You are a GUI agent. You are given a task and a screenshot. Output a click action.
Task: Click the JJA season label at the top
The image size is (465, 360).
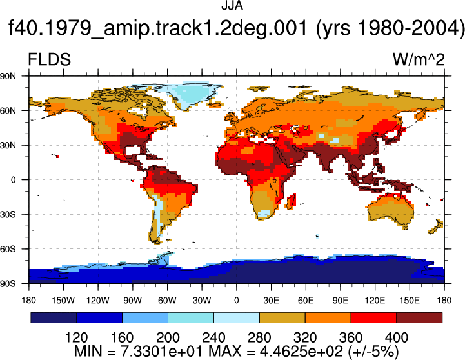pyautogui.click(x=232, y=6)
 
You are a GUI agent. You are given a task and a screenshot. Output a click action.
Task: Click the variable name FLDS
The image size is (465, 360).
pyautogui.click(x=49, y=59)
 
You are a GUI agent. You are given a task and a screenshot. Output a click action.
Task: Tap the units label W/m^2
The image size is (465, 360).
pyautogui.click(x=419, y=59)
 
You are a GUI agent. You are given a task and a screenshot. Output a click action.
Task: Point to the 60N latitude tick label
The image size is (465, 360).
pyautogui.click(x=8, y=111)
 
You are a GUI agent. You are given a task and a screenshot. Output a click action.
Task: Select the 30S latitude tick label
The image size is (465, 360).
pyautogui.click(x=8, y=214)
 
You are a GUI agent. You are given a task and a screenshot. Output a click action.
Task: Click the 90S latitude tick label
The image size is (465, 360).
pyautogui.click(x=8, y=284)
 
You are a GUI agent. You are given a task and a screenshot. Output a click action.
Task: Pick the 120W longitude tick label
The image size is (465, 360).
pyautogui.click(x=98, y=301)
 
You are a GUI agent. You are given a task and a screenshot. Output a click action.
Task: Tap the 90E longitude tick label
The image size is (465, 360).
pyautogui.click(x=340, y=301)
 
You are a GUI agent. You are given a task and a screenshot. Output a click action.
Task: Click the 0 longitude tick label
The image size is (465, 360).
pyautogui.click(x=236, y=301)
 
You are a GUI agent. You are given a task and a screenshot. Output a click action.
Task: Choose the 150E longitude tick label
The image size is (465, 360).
pyautogui.click(x=410, y=301)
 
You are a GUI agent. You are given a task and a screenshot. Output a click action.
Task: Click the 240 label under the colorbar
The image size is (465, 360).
pyautogui.click(x=213, y=337)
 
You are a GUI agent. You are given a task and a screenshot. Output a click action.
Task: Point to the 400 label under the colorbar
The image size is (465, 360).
pyautogui.click(x=397, y=337)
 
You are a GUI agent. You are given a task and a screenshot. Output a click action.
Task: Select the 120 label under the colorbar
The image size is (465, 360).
pyautogui.click(x=76, y=337)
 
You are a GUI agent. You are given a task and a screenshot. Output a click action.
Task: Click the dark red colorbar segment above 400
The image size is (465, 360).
pyautogui.click(x=419, y=317)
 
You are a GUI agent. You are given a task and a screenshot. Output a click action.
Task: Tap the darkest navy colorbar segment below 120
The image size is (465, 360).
pyautogui.click(x=54, y=317)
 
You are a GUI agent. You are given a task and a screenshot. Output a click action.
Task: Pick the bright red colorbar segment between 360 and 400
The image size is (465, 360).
pyautogui.click(x=373, y=317)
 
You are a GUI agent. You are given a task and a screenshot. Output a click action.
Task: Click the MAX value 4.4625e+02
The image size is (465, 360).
pyautogui.click(x=301, y=352)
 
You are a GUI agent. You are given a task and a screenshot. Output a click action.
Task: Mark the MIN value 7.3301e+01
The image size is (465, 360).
pyautogui.click(x=162, y=352)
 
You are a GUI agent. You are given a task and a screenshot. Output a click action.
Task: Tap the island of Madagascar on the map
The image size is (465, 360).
pyautogui.click(x=292, y=201)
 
